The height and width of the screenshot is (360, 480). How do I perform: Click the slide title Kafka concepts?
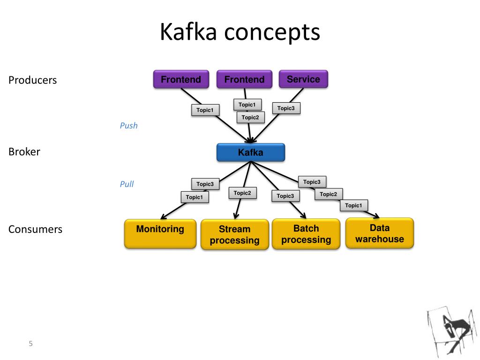pos(240,32)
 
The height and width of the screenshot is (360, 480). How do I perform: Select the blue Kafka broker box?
pos(251,152)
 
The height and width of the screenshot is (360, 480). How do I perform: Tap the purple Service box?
pos(303,79)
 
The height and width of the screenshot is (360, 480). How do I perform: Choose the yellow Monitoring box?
pos(160,233)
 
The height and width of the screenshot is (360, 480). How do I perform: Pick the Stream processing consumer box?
pos(235,234)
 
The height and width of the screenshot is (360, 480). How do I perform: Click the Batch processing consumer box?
pos(306,234)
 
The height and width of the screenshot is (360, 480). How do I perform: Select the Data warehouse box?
pos(380,233)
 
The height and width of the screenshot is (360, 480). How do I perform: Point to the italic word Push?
pos(128,126)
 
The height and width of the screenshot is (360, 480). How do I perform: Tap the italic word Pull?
pos(127,184)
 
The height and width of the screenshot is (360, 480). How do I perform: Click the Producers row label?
pos(32,80)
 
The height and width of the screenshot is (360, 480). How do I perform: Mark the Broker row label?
pos(24,152)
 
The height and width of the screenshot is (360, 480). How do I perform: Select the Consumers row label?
pos(35,229)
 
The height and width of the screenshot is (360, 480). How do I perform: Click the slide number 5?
pos(30,344)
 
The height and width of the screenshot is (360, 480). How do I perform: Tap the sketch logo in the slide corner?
pos(452,332)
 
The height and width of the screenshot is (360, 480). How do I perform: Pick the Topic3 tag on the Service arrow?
pos(286,108)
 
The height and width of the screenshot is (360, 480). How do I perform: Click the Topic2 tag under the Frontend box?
pos(250,118)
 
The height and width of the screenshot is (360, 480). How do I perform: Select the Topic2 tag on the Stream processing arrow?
pos(242,193)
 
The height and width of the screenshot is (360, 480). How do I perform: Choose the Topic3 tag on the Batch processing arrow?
pos(285,196)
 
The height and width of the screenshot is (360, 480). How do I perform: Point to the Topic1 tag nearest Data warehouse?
pos(353,205)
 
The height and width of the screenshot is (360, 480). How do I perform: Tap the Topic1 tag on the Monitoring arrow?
pos(195,197)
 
